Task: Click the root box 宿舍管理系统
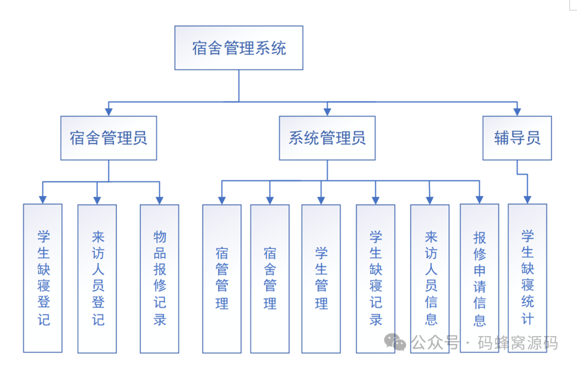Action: coord(239,48)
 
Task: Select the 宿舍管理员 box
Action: coord(108,138)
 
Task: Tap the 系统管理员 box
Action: coord(327,138)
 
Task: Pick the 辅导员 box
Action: coord(517,138)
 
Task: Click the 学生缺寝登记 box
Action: coord(43,278)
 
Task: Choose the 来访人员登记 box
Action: coord(97,278)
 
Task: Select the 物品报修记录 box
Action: coord(159,278)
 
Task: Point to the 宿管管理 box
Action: coord(222,278)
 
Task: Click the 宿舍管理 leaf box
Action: coord(270,278)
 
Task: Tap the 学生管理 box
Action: coord(321,278)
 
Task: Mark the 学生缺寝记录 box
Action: coord(376,278)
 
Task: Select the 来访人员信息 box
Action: coord(430,278)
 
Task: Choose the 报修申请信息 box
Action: coord(479,278)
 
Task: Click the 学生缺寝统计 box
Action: coord(527,278)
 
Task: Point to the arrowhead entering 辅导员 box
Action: coord(517,112)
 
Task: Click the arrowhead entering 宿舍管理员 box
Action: coord(108,112)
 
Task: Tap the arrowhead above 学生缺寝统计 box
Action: coord(527,200)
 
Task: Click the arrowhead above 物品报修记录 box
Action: coord(159,200)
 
